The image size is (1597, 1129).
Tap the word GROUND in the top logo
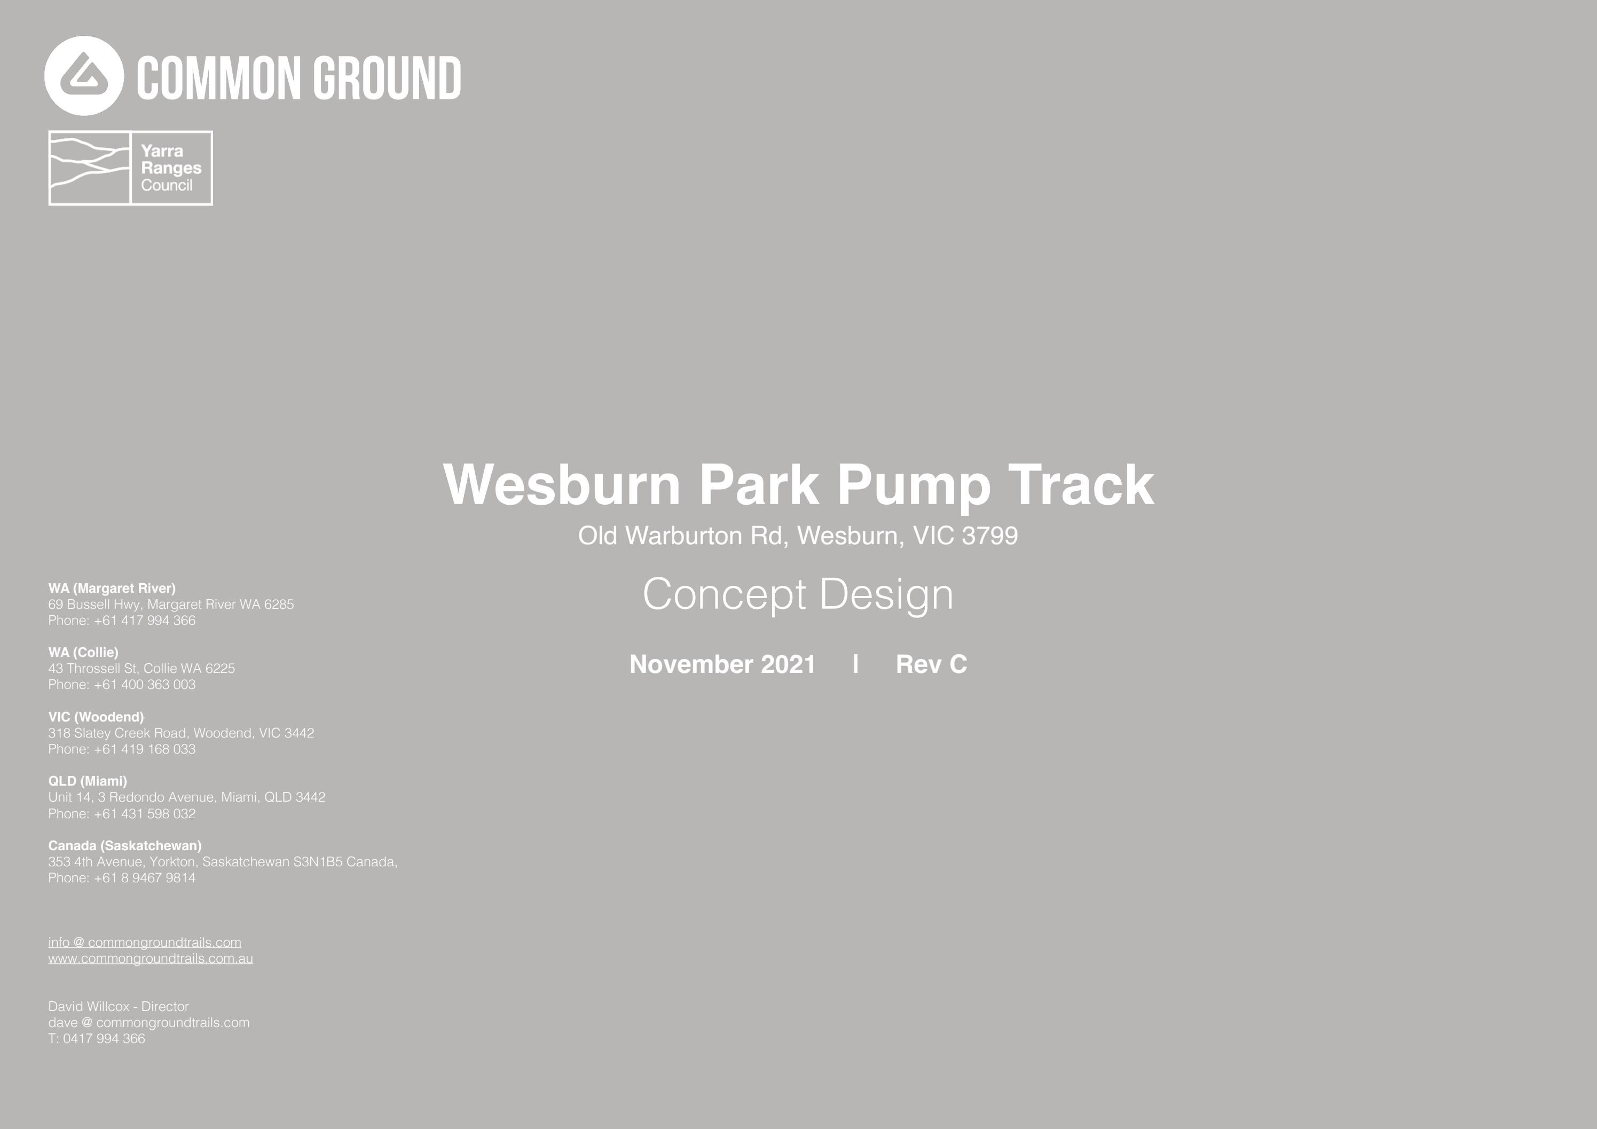click(x=386, y=79)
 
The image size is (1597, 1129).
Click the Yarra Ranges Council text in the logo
click(x=171, y=168)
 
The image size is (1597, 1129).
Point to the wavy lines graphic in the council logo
click(x=90, y=168)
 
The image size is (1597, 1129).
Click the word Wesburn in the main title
click(x=561, y=485)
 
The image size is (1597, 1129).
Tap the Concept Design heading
click(x=798, y=595)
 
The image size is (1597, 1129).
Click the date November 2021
click(x=722, y=664)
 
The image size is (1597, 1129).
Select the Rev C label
click(x=931, y=664)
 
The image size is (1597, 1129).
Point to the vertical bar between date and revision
click(x=855, y=664)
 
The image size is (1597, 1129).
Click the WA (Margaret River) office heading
click(x=112, y=589)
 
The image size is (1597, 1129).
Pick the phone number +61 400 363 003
click(x=145, y=685)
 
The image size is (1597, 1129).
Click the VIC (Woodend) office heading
click(x=96, y=717)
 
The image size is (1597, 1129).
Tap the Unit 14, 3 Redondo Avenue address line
click(x=186, y=797)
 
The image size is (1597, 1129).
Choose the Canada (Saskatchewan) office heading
click(x=124, y=846)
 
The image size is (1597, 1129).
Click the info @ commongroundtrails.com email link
click(x=145, y=943)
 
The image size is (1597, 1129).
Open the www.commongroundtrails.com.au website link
click(x=150, y=959)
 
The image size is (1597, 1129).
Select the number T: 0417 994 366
click(x=97, y=1039)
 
